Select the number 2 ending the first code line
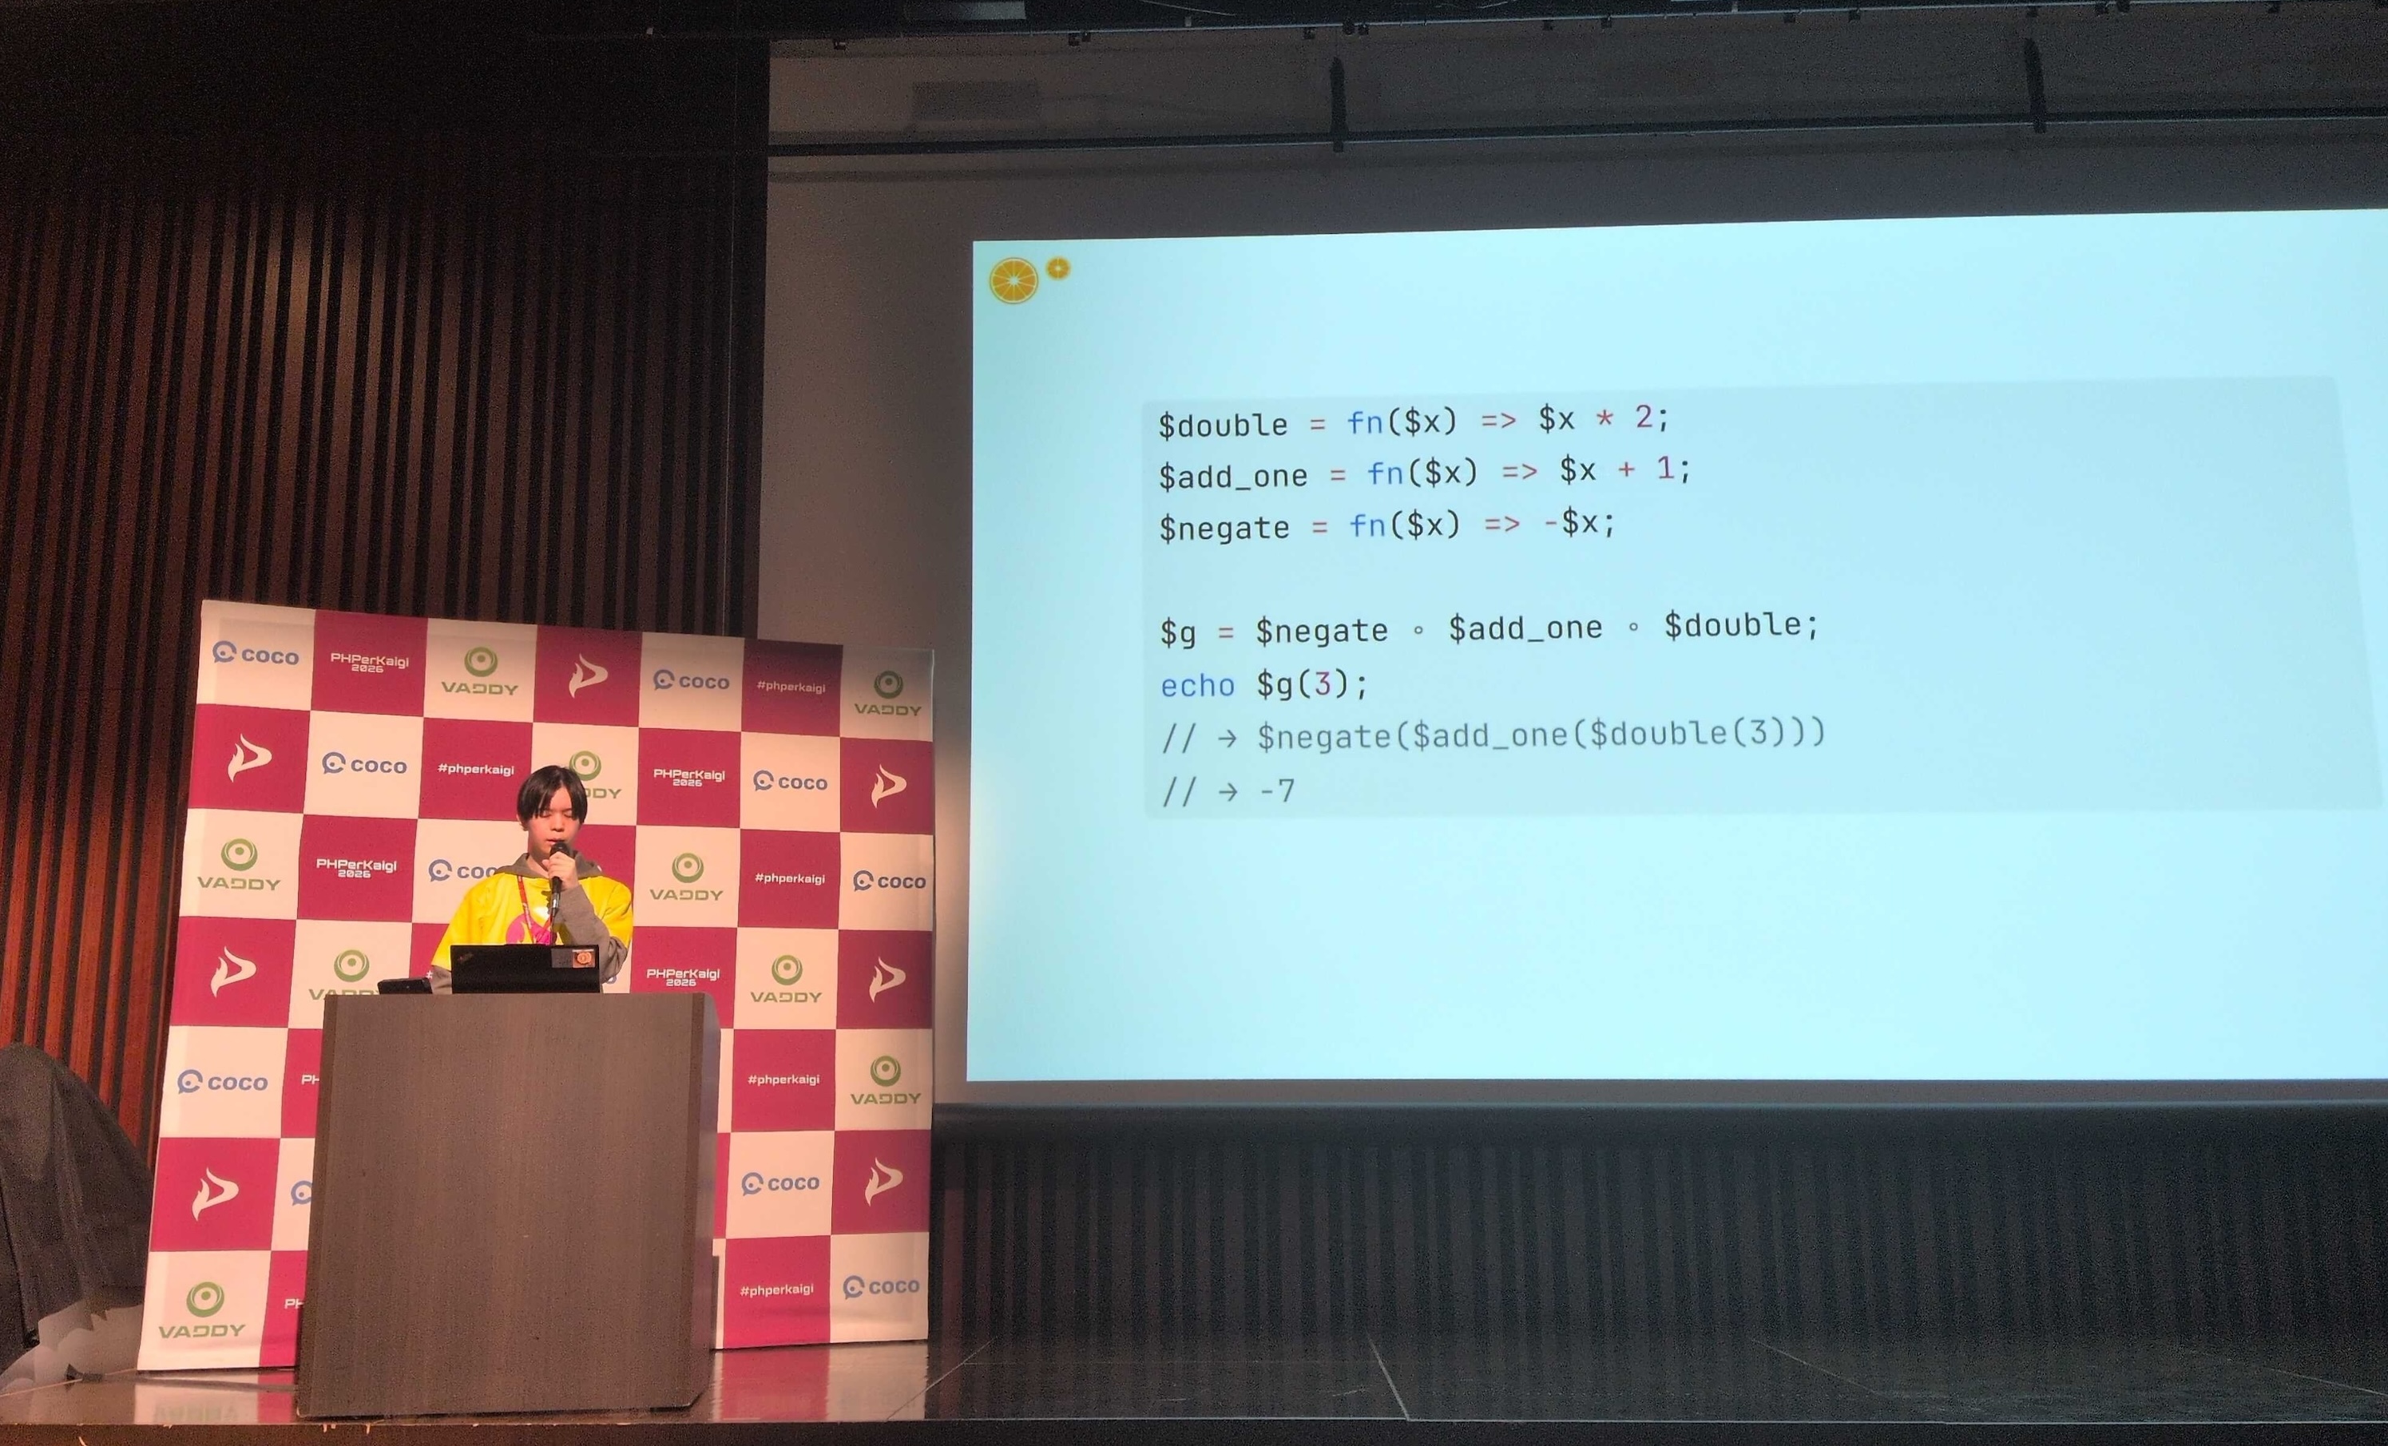click(x=1644, y=417)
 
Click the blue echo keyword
click(x=1198, y=686)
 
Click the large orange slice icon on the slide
click(x=1014, y=281)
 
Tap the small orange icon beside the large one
click(x=1058, y=268)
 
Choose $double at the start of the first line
click(x=1223, y=425)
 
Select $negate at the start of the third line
click(x=1225, y=529)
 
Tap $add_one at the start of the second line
click(x=1234, y=476)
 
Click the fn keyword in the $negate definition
click(x=1367, y=525)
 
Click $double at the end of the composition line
click(x=1733, y=625)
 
